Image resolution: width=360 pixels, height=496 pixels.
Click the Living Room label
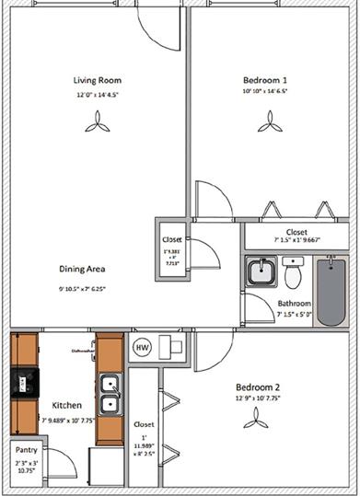point(99,80)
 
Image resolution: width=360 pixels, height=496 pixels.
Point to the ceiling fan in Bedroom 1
point(268,121)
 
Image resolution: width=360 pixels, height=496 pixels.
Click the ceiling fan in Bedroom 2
point(255,419)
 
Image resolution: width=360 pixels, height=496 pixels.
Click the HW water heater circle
point(142,347)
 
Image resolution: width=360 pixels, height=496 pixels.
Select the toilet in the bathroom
point(293,274)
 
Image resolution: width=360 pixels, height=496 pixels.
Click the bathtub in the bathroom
point(331,290)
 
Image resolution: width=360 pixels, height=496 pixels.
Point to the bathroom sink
point(260,271)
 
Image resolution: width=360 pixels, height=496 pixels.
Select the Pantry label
point(26,451)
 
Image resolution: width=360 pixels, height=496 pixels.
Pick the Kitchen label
point(66,405)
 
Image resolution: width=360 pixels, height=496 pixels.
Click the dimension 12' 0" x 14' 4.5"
point(99,94)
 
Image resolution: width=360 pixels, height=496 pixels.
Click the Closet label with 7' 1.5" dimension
point(296,233)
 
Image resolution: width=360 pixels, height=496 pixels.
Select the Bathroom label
point(295,304)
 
